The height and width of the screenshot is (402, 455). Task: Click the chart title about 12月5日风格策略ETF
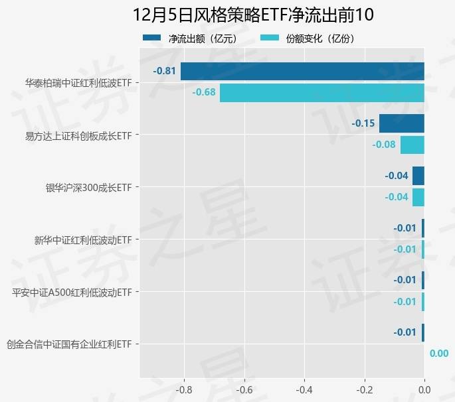(x=253, y=15)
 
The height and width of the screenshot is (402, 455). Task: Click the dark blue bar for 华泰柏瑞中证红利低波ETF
(x=302, y=71)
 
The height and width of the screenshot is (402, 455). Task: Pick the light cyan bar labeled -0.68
(x=321, y=92)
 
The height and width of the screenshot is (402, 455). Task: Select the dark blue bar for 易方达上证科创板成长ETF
(x=401, y=123)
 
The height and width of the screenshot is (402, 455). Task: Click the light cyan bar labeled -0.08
(x=412, y=145)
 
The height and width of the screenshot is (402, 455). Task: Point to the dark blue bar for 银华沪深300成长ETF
(x=418, y=176)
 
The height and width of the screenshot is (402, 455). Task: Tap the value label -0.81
(x=164, y=71)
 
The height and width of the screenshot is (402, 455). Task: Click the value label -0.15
(x=363, y=123)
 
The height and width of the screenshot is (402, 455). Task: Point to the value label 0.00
(x=438, y=354)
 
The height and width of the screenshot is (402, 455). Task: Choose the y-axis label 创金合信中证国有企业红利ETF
(x=69, y=344)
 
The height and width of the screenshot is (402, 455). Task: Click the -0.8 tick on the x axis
(x=183, y=390)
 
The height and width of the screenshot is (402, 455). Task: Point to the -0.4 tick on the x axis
(x=304, y=390)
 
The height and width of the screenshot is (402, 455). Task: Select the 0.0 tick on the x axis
(x=424, y=390)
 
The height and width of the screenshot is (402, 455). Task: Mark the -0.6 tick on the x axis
(x=244, y=390)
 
